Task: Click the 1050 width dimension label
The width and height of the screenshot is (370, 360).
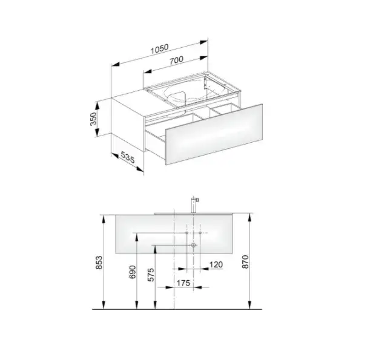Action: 160,49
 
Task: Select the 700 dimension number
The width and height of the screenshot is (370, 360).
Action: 176,60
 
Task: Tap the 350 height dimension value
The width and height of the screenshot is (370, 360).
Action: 93,119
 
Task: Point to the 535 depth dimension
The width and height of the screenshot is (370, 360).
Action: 127,157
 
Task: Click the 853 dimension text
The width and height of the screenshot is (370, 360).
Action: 99,263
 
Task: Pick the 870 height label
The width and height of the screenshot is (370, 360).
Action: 245,261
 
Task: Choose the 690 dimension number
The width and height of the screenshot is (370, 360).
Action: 133,272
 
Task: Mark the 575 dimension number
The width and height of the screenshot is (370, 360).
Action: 151,275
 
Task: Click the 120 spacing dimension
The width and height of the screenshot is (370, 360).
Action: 216,265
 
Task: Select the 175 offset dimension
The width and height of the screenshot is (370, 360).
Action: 183,283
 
